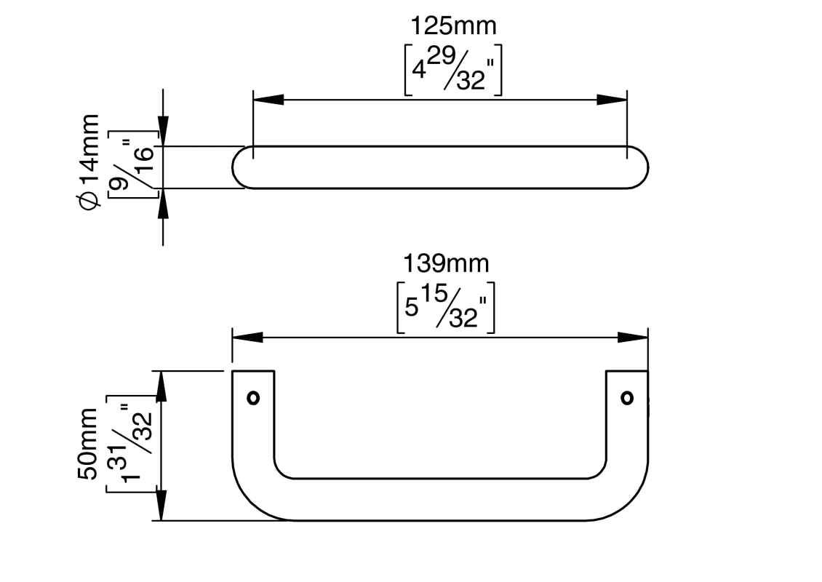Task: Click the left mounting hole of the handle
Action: (x=253, y=398)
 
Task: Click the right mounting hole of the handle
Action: (x=627, y=398)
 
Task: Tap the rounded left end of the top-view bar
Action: (x=238, y=167)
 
